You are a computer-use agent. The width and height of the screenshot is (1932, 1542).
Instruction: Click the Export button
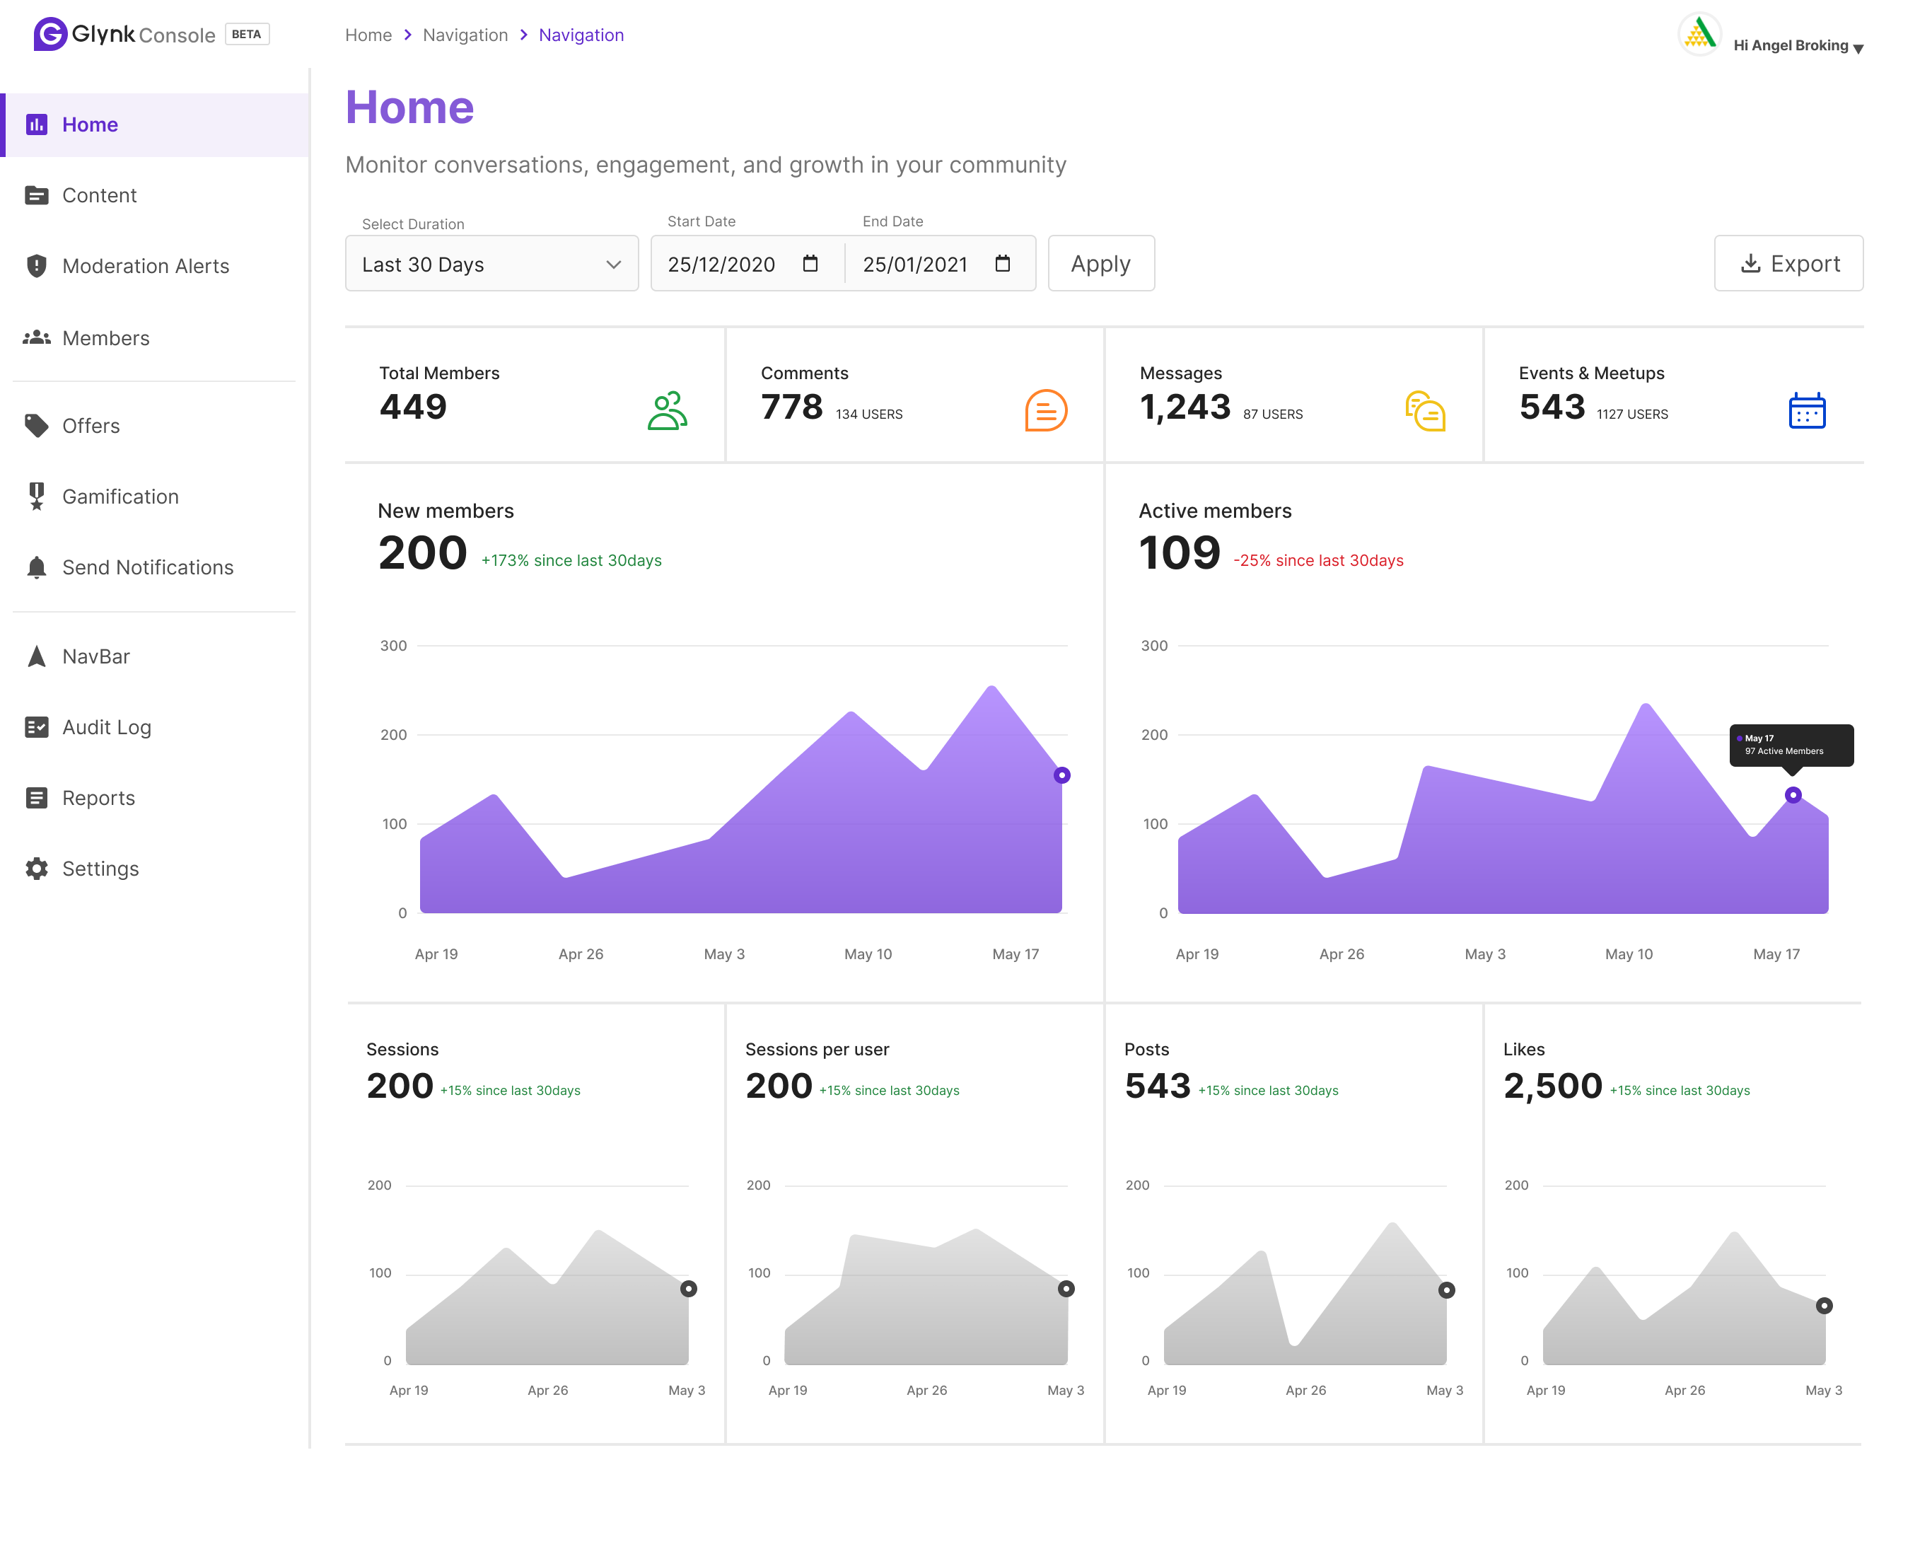pos(1788,264)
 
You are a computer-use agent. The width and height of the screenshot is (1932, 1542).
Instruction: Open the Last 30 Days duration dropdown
pos(491,265)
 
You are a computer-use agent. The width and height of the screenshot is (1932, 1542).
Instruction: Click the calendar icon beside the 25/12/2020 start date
pos(810,264)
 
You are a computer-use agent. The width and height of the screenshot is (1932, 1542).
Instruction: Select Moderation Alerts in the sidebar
pos(145,266)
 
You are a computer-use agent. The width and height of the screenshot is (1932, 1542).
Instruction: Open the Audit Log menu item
pos(106,727)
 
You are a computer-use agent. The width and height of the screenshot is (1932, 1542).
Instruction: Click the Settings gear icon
pos(37,869)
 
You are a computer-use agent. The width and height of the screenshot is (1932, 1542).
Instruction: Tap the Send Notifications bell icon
pos(37,567)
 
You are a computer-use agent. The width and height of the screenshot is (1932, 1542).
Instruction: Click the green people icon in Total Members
pos(667,412)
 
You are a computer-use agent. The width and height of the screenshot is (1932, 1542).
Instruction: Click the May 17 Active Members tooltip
pos(1791,745)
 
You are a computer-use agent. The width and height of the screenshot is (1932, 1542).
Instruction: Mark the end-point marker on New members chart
pos(1062,775)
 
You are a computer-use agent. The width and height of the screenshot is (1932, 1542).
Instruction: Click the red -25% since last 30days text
pos(1318,561)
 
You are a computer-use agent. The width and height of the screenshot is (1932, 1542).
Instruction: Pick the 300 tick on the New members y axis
pos(393,646)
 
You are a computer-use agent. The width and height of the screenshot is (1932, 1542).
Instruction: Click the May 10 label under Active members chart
pos(1628,954)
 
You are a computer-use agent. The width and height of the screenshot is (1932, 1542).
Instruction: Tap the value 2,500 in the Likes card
pos(1552,1086)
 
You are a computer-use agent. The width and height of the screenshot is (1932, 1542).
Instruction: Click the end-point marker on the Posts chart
pos(1446,1290)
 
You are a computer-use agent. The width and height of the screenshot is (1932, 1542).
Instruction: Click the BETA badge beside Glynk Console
pos(246,34)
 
